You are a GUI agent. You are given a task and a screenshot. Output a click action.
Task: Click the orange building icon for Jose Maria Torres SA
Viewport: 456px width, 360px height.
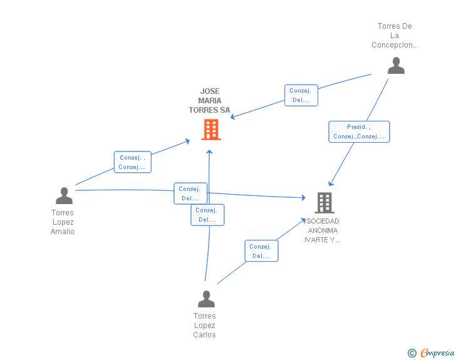(x=211, y=130)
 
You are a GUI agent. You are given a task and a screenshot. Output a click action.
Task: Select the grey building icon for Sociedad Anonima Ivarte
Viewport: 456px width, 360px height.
(x=324, y=203)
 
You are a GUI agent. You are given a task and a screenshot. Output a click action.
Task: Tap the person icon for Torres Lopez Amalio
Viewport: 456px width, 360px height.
(x=65, y=195)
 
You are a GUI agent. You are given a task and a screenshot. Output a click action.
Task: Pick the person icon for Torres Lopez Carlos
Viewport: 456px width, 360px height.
(x=206, y=299)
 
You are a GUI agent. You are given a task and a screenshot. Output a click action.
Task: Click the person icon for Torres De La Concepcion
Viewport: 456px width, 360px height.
(x=396, y=66)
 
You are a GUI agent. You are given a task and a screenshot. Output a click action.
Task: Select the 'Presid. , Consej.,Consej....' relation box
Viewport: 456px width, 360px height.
(x=359, y=131)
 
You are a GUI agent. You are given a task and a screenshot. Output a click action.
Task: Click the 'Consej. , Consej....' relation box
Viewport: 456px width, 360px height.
(x=133, y=162)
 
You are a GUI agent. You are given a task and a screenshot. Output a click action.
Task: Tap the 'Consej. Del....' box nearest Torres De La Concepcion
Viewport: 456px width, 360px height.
(x=301, y=95)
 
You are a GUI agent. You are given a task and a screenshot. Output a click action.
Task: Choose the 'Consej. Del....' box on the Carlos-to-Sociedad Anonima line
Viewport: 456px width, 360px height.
(x=261, y=250)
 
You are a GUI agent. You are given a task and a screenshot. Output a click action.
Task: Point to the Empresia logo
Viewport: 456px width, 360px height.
(x=437, y=352)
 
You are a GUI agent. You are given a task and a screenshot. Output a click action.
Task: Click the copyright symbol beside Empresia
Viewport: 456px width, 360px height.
(x=412, y=353)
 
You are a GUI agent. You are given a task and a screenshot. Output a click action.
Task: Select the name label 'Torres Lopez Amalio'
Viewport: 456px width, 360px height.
(x=63, y=222)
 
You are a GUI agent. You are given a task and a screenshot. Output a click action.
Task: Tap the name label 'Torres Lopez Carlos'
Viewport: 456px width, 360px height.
(x=204, y=325)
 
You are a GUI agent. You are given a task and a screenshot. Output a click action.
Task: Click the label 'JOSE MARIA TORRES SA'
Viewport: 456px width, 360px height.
(x=209, y=101)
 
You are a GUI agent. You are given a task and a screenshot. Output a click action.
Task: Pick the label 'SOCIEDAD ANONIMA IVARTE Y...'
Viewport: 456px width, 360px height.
(x=323, y=230)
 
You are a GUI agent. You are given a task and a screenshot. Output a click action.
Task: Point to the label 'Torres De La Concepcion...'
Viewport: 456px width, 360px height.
(x=395, y=36)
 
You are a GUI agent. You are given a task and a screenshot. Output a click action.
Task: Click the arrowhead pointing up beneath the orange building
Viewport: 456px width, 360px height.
(x=209, y=152)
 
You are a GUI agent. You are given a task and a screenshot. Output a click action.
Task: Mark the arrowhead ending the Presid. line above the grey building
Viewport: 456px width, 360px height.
(x=331, y=183)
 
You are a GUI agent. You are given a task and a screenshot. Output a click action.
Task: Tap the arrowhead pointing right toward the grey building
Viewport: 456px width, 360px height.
(x=304, y=198)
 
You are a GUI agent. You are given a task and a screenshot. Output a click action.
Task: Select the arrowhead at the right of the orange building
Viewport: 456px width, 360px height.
(x=232, y=117)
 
